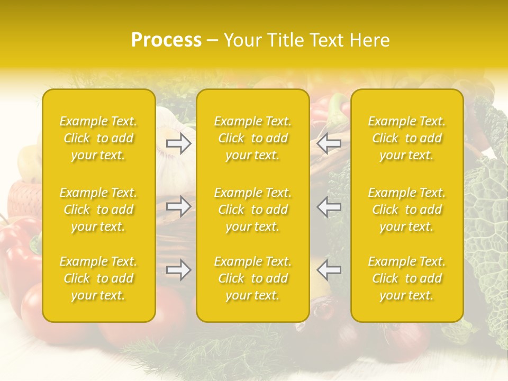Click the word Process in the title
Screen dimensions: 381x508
pos(166,40)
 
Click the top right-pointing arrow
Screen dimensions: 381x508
pos(178,143)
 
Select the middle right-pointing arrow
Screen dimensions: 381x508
pos(178,206)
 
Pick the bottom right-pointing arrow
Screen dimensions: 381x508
pos(178,270)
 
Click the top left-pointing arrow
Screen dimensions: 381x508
pos(329,143)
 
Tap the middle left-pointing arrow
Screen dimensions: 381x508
pos(329,206)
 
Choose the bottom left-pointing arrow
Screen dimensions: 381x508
pos(329,270)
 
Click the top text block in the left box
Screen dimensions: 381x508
pos(98,138)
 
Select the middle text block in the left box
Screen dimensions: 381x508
pos(98,210)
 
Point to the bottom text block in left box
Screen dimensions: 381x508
pos(98,278)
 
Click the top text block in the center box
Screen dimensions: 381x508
pos(253,138)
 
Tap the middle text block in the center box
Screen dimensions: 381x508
pos(253,210)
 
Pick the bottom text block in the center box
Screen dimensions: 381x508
pos(253,278)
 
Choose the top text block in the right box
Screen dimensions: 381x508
pos(407,138)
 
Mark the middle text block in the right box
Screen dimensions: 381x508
pos(407,210)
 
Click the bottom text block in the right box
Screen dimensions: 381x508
pos(407,278)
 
